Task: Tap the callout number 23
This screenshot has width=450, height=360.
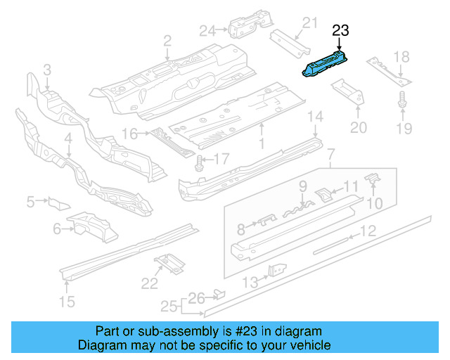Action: pos(340,30)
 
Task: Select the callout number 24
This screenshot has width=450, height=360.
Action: pos(206,30)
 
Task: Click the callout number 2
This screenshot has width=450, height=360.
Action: pos(167,41)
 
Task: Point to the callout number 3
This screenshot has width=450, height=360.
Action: pos(46,70)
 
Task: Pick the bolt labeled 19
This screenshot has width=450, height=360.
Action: pos(401,104)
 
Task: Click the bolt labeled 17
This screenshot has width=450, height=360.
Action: pos(199,162)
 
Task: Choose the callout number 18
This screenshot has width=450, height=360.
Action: pos(401,57)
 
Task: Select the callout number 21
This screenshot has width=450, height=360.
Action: pos(305,27)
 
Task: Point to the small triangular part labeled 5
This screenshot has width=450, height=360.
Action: pos(58,203)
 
